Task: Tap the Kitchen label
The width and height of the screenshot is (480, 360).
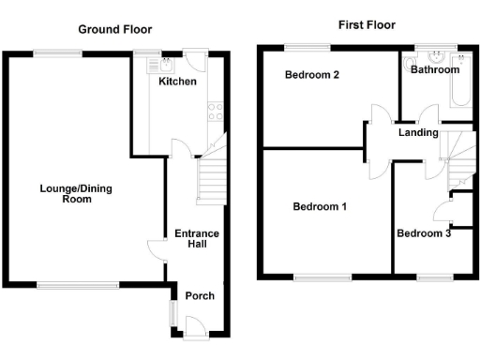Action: click(177, 82)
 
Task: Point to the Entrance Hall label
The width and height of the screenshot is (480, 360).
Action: click(196, 239)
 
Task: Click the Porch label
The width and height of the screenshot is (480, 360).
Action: click(199, 295)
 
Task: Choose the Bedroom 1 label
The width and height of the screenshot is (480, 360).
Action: click(320, 206)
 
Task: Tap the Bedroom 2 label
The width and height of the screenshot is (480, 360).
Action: click(311, 76)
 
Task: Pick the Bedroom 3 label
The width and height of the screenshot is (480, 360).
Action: click(424, 233)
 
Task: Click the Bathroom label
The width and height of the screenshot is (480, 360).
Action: click(435, 69)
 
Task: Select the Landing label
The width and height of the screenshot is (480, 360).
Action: click(418, 132)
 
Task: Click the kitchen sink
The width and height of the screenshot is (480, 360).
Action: click(166, 65)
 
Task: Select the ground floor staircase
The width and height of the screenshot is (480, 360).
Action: click(211, 178)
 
